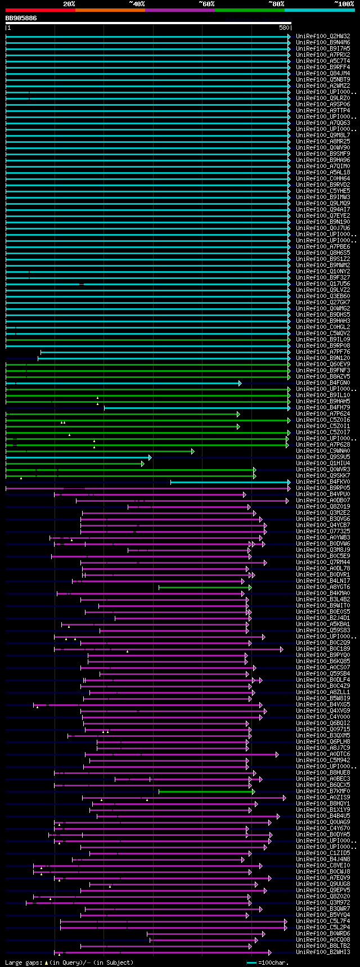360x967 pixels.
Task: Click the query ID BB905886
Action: coord(21,18)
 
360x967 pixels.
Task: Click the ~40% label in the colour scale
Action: coord(137,4)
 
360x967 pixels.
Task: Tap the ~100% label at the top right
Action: coord(344,4)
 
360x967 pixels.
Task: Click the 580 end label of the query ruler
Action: coord(283,27)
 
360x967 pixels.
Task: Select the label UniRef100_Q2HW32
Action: coord(323,36)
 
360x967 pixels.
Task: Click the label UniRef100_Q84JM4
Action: coord(323,73)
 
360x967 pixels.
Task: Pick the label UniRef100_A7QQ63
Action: coord(323,123)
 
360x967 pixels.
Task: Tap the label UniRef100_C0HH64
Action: coord(323,178)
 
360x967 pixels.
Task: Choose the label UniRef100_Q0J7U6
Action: coord(323,228)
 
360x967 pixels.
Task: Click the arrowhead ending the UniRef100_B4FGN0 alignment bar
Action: coord(240,383)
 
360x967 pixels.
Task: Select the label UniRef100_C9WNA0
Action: coord(323,451)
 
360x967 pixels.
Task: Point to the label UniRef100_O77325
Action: coord(323,532)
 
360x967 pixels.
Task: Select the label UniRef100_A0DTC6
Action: coord(323,754)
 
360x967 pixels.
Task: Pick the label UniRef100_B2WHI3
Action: coord(323,952)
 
